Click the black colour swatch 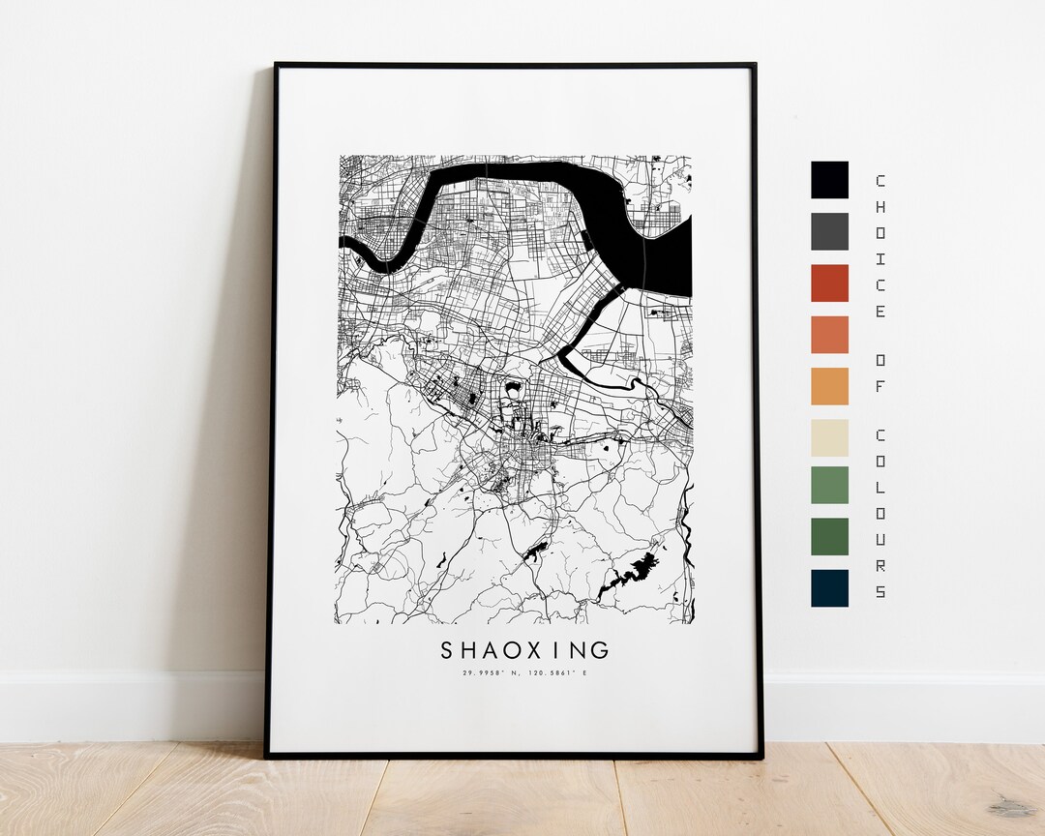tap(829, 180)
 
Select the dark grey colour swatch tap(829, 231)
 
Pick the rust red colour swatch tap(829, 283)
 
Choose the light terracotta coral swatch tap(829, 335)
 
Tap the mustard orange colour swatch tap(829, 386)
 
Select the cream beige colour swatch tap(829, 437)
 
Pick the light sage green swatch tap(829, 485)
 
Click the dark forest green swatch tap(829, 536)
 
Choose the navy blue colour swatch tap(829, 587)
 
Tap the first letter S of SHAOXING tap(447, 649)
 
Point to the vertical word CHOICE tap(880, 246)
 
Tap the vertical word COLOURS tap(880, 511)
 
